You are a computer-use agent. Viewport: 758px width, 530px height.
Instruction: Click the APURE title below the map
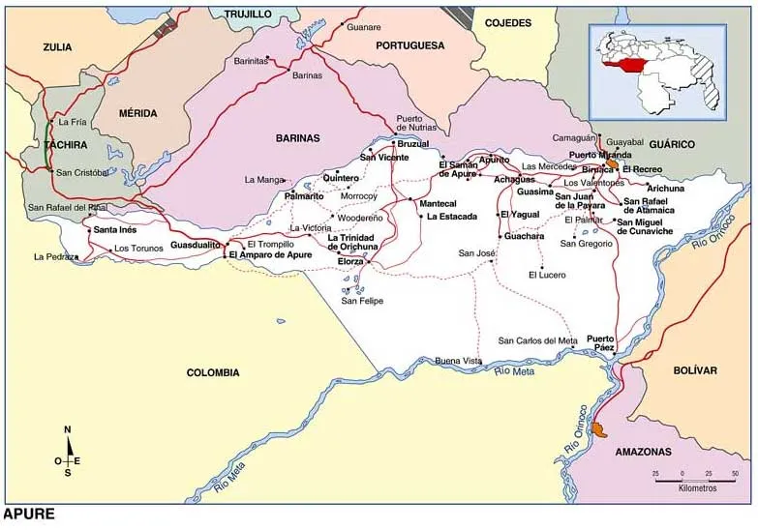(x=29, y=515)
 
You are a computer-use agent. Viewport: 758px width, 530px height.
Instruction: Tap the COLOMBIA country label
(x=213, y=372)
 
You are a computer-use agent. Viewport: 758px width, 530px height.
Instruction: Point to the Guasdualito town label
(x=197, y=246)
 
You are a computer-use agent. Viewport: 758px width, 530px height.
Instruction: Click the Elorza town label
(x=350, y=261)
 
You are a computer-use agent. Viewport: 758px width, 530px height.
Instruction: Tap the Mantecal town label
(x=438, y=204)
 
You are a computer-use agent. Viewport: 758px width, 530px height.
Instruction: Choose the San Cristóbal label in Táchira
(x=81, y=172)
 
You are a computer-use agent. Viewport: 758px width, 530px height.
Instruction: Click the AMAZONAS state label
(x=642, y=452)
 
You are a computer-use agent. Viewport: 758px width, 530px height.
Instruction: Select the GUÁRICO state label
(x=672, y=144)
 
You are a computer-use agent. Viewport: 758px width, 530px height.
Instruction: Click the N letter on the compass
(x=67, y=429)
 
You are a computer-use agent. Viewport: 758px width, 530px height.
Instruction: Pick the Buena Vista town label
(x=458, y=361)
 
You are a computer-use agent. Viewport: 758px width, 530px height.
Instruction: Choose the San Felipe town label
(x=362, y=301)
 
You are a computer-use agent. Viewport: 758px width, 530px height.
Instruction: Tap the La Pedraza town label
(x=54, y=257)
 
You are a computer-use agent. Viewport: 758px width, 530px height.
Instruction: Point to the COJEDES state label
(x=508, y=22)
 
